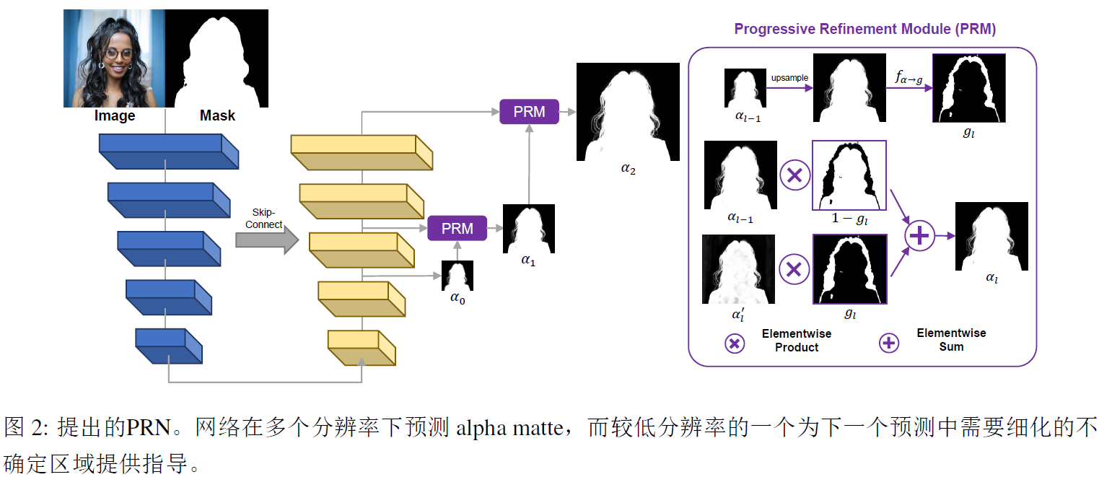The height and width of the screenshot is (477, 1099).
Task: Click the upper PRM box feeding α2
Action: click(x=529, y=112)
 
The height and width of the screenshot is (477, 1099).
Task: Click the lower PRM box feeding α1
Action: click(x=457, y=229)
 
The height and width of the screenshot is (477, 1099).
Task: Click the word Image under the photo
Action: click(x=115, y=116)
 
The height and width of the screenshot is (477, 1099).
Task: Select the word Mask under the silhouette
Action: click(x=217, y=116)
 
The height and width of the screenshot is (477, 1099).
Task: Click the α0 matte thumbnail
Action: click(x=457, y=276)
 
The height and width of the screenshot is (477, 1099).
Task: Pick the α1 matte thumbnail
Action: click(x=529, y=229)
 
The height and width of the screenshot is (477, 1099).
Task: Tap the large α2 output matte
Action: click(x=628, y=111)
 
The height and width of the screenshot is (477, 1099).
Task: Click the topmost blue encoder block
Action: click(x=168, y=151)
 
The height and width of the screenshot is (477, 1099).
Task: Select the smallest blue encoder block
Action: click(x=168, y=345)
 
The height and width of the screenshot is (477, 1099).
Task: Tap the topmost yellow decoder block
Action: click(x=362, y=152)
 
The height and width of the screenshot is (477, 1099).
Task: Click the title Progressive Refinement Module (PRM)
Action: click(x=864, y=30)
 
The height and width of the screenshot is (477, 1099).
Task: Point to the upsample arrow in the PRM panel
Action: click(x=789, y=88)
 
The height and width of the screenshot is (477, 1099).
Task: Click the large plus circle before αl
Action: click(x=920, y=236)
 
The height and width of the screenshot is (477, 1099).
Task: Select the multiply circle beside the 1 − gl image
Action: click(x=794, y=175)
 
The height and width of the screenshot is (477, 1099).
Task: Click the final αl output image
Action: click(x=991, y=236)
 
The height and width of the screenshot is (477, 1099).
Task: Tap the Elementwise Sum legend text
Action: click(x=950, y=339)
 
